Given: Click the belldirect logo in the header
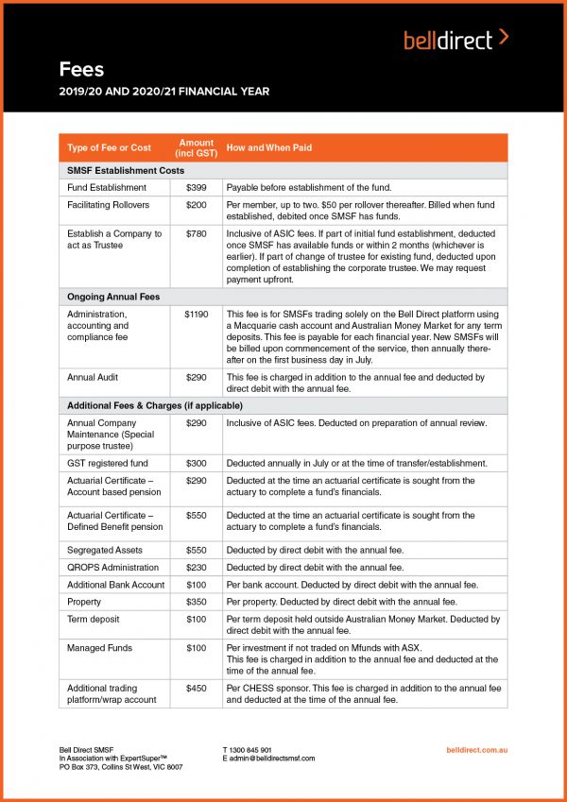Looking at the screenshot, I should coord(455,39).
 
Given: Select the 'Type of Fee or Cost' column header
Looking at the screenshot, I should coord(110,147).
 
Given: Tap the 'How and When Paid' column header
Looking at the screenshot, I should coord(269,147).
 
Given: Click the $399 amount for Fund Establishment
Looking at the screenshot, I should coord(196,187).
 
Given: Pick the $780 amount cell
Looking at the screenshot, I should coord(196,233).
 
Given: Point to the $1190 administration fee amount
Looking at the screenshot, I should coord(196,313).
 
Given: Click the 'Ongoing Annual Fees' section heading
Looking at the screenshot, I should coord(113,297).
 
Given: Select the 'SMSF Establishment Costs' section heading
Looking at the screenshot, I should coord(126,171).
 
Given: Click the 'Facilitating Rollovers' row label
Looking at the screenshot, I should coord(110,204).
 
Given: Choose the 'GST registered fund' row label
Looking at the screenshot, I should coord(109,463).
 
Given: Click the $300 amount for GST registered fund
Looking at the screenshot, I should coord(196,463).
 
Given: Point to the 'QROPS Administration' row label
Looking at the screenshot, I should coord(112,567).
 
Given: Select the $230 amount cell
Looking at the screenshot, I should coord(196,567).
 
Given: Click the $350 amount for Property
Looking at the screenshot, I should coord(196,601).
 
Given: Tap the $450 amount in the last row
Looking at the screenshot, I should coord(196,689).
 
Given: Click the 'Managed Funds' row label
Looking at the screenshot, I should coord(100,648).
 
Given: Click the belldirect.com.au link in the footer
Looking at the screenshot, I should coord(476,750).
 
